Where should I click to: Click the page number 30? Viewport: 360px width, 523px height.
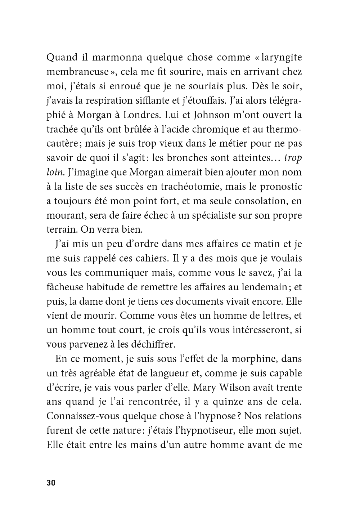pyautogui.click(x=51, y=483)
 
